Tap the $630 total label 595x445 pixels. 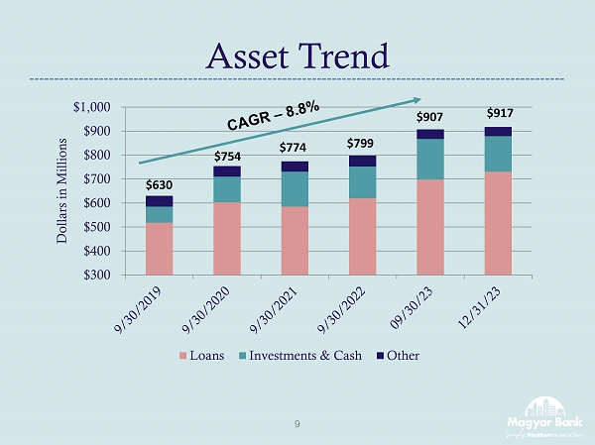tap(159, 184)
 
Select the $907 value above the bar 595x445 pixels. tap(429, 118)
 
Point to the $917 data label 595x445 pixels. tap(498, 115)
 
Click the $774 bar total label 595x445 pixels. tap(294, 149)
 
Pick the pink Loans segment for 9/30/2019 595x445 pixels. tap(159, 249)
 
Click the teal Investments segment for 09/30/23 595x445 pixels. tap(429, 159)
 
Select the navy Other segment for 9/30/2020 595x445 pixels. tap(226, 171)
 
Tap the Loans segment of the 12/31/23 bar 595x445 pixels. tap(498, 223)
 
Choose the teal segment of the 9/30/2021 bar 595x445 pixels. tap(294, 188)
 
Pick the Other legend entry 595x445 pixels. tap(403, 356)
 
